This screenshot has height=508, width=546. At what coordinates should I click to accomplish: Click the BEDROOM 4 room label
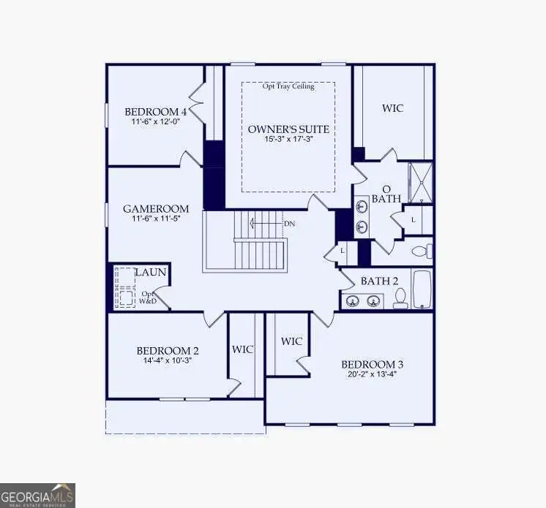155,112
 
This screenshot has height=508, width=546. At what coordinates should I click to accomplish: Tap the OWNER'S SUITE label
288,129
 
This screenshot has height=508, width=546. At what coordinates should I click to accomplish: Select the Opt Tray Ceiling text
288,86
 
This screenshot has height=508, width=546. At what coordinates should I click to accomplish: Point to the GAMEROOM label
156,208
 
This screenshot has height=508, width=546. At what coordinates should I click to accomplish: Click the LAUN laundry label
150,273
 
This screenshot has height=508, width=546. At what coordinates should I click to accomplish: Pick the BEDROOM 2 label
167,350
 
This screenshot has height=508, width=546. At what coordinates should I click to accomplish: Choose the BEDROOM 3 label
373,364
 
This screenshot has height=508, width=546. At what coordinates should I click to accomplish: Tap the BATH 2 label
379,281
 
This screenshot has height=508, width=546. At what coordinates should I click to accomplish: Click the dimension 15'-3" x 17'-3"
288,140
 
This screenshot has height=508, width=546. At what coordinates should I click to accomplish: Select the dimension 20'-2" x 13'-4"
373,375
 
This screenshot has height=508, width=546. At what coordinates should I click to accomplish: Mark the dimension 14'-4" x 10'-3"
167,360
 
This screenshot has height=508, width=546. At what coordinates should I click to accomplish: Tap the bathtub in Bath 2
422,290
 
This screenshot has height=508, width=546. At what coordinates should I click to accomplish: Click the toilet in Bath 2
400,297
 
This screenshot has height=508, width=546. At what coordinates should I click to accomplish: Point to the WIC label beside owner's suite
392,108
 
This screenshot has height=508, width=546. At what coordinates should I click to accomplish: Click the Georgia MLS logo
37,495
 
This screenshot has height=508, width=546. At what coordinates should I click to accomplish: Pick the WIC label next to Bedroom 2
242,349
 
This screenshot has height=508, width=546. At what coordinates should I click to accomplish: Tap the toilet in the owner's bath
421,252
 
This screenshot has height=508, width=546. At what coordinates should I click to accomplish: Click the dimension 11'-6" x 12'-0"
155,121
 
